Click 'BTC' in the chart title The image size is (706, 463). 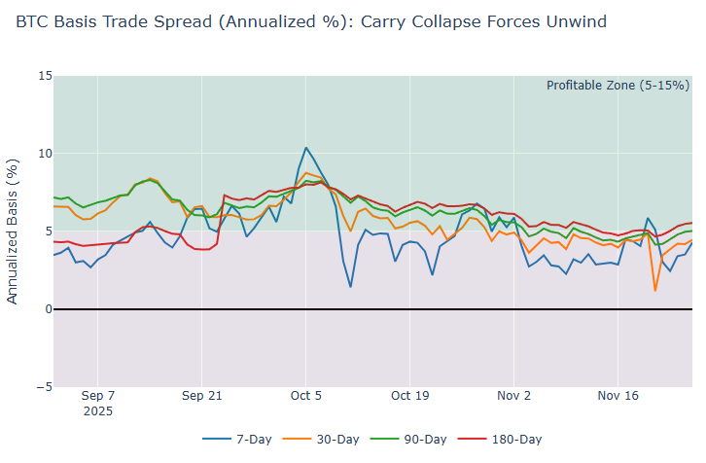pyautogui.click(x=32, y=21)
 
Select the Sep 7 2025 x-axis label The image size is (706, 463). pyautogui.click(x=97, y=404)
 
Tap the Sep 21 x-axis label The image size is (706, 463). pyautogui.click(x=201, y=397)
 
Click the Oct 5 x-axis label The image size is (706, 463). pyautogui.click(x=305, y=397)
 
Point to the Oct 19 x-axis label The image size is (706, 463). pyautogui.click(x=409, y=397)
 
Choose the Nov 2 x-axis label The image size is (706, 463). pyautogui.click(x=513, y=397)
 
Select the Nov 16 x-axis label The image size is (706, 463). pyautogui.click(x=618, y=397)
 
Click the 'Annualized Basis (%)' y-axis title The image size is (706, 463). pyautogui.click(x=13, y=231)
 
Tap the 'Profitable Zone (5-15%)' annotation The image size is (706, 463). pyautogui.click(x=618, y=86)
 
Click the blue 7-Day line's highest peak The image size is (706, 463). pyautogui.click(x=306, y=148)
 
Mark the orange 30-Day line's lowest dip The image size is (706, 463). pyautogui.click(x=655, y=290)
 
